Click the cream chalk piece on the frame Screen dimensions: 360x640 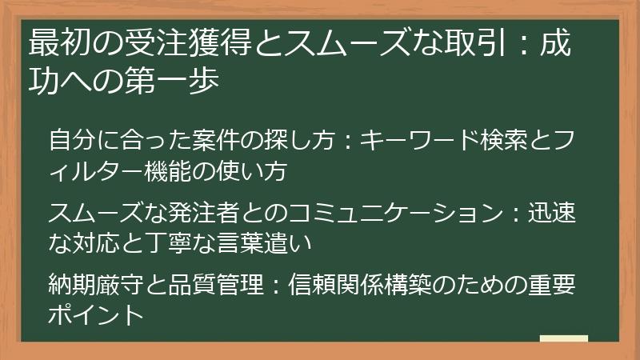pos(563,338)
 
